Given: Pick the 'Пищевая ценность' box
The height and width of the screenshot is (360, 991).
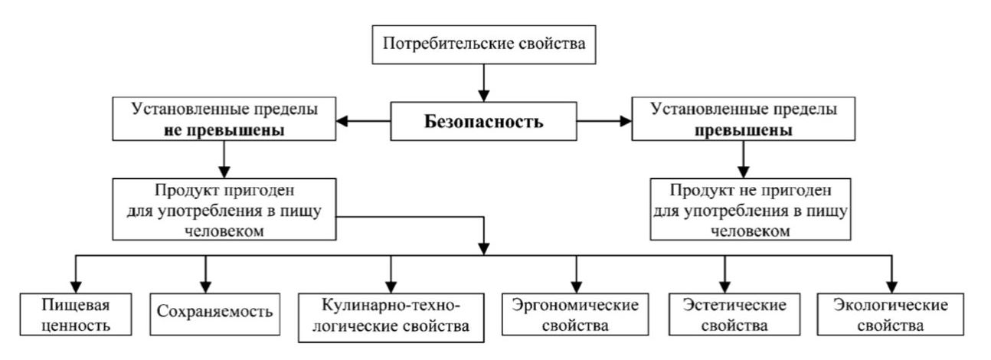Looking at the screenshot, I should pyautogui.click(x=75, y=315).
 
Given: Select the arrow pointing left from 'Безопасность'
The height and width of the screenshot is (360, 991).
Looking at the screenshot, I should pyautogui.click(x=365, y=121).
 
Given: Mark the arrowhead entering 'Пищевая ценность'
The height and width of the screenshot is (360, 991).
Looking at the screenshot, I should pyautogui.click(x=75, y=285).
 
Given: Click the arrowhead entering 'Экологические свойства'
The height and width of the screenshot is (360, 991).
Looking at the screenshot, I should pyautogui.click(x=891, y=285).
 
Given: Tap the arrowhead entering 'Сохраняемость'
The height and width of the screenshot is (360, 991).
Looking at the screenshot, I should pyautogui.click(x=206, y=285).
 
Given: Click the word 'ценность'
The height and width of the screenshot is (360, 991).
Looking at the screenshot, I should pyautogui.click(x=75, y=325).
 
